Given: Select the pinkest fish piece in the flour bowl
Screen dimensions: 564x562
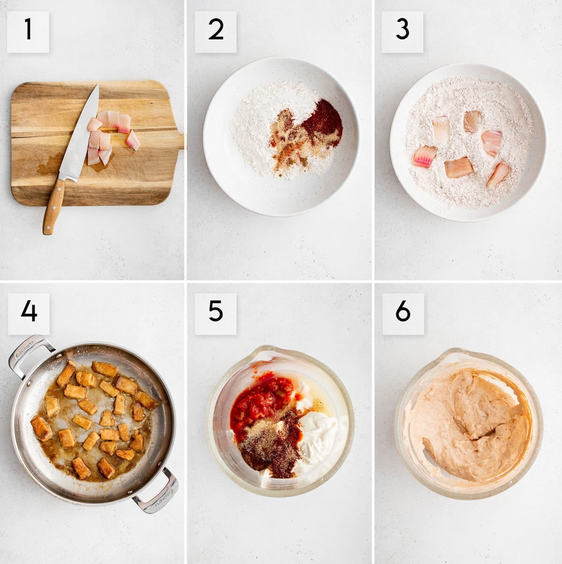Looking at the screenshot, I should (425, 156).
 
